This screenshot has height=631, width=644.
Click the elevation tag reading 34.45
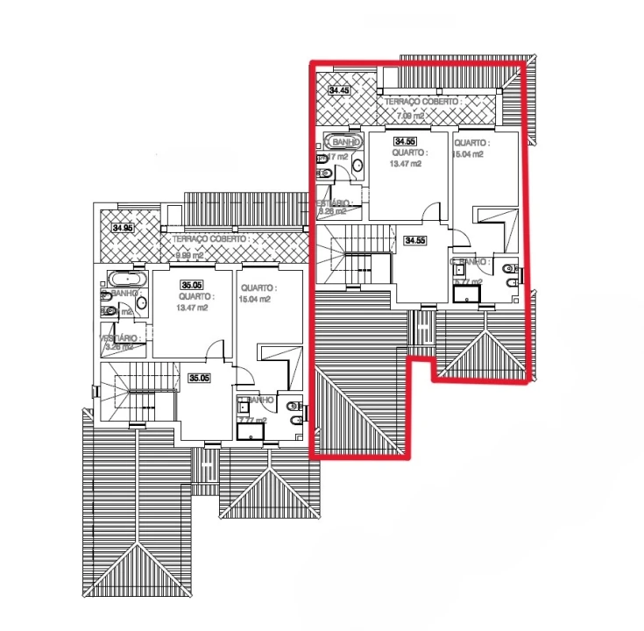[x=338, y=90]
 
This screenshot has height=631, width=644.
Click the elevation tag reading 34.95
[x=123, y=228]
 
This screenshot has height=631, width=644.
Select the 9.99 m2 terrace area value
[x=189, y=255]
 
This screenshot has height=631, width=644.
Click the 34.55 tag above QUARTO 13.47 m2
[x=405, y=141]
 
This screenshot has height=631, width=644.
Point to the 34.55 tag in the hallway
[x=414, y=240]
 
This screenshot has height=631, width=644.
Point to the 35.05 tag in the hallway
[x=199, y=379]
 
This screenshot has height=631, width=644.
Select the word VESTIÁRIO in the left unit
[x=118, y=337]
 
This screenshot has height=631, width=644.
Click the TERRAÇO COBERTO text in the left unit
[x=210, y=238]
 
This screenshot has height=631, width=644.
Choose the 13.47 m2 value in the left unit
[x=192, y=308]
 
